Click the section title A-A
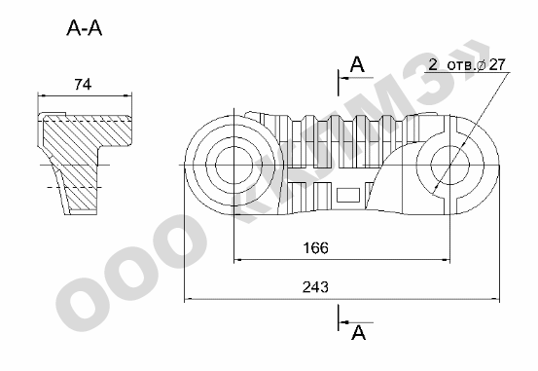click(x=85, y=28)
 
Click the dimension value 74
click(x=83, y=84)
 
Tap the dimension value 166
click(x=315, y=247)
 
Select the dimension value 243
click(x=315, y=287)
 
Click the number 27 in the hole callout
click(x=497, y=64)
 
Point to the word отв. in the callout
click(x=462, y=65)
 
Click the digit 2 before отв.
click(x=433, y=64)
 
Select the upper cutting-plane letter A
click(x=357, y=64)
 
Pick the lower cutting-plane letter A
click(x=359, y=332)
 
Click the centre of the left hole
click(x=234, y=165)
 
